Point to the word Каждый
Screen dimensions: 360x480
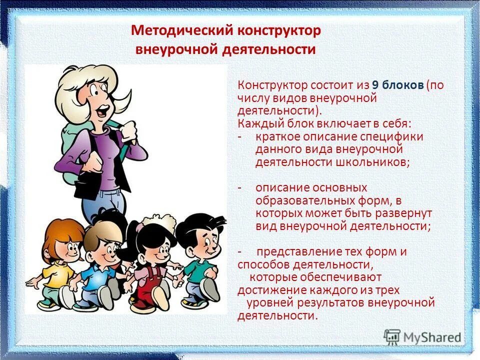point(256,123)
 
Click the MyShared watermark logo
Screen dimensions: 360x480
point(423,336)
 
